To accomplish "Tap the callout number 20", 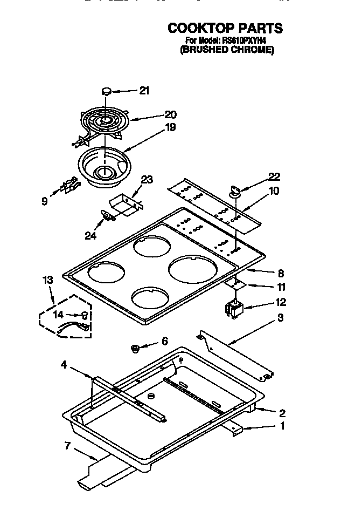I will (170, 114).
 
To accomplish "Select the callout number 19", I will (170, 128).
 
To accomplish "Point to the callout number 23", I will (147, 180).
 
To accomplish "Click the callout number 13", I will (48, 280).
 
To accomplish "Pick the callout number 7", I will (67, 445).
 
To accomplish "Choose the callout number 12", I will (281, 302).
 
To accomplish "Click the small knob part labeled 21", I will (107, 91).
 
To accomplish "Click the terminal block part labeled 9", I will (68, 186).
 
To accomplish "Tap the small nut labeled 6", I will (136, 349).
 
